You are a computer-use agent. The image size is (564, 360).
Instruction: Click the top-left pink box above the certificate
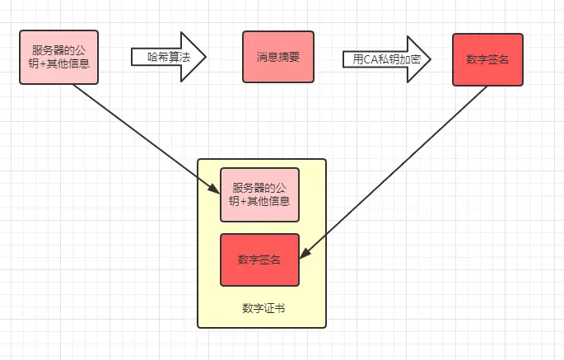point(59,58)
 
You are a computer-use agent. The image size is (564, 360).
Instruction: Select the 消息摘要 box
point(277,58)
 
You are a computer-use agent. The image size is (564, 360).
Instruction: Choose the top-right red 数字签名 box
point(487,59)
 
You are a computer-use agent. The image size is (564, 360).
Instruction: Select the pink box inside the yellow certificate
point(259,194)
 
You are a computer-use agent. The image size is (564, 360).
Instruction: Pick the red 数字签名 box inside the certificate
point(259,259)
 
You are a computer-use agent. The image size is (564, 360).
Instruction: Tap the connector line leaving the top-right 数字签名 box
point(395,170)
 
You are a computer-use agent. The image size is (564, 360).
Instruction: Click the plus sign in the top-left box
point(44,63)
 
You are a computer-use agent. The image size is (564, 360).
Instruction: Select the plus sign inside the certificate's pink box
point(245,201)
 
